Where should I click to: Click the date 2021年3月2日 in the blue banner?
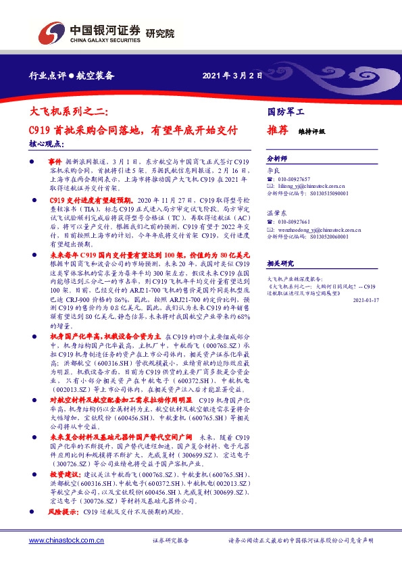(232, 76)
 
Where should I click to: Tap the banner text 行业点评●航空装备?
(67, 76)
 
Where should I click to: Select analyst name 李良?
(274, 172)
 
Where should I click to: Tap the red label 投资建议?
(64, 475)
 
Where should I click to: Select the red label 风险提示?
(64, 514)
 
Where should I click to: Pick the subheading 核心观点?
(47, 144)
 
